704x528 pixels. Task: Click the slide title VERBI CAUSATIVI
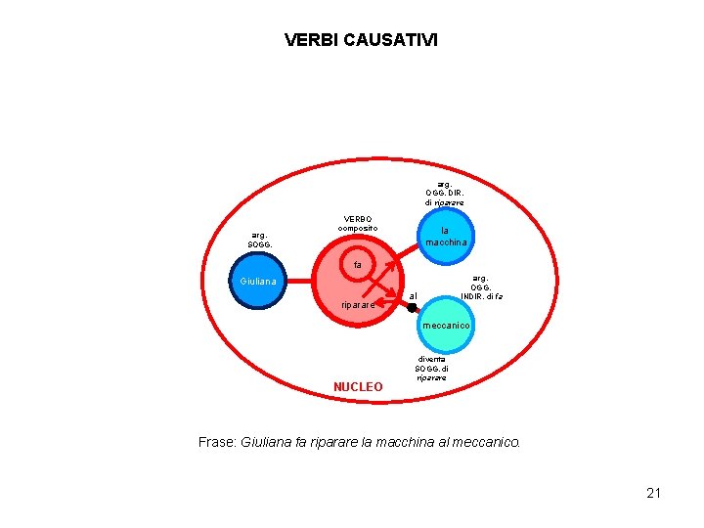(361, 40)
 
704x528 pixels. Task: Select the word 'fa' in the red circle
(358, 265)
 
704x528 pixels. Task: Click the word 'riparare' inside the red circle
(358, 305)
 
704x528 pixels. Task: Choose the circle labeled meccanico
(446, 325)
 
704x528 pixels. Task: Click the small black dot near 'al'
(413, 308)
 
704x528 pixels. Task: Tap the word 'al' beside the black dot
(413, 295)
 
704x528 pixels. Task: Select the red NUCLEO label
(358, 387)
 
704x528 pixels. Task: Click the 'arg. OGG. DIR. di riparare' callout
(444, 193)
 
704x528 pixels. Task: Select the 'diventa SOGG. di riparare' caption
(431, 368)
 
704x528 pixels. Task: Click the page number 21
(653, 493)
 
